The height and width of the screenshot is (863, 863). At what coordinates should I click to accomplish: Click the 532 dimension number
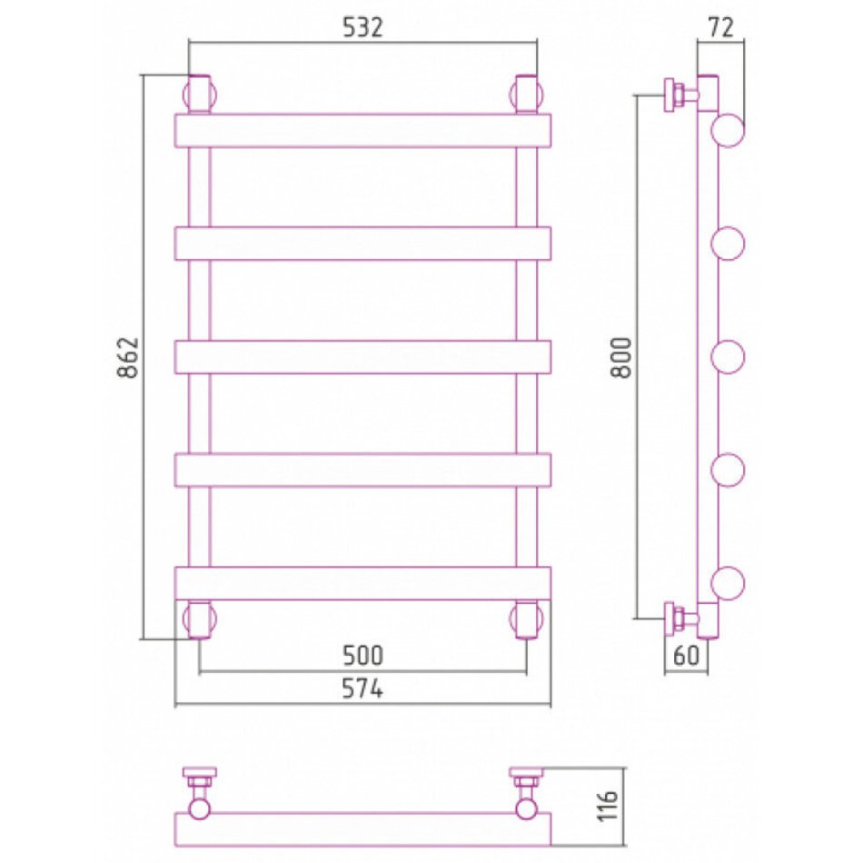click(362, 27)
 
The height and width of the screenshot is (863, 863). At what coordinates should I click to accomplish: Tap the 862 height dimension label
click(128, 357)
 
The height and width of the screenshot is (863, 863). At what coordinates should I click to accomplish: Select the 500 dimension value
click(362, 655)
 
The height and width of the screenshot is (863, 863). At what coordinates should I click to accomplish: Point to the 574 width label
click(362, 688)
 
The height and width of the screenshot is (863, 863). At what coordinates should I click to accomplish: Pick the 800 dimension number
click(622, 357)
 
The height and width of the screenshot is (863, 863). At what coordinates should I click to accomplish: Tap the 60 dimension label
click(686, 655)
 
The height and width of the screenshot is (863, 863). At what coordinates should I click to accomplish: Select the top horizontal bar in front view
click(362, 131)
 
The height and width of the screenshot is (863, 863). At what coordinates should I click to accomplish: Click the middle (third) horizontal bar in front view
click(362, 357)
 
